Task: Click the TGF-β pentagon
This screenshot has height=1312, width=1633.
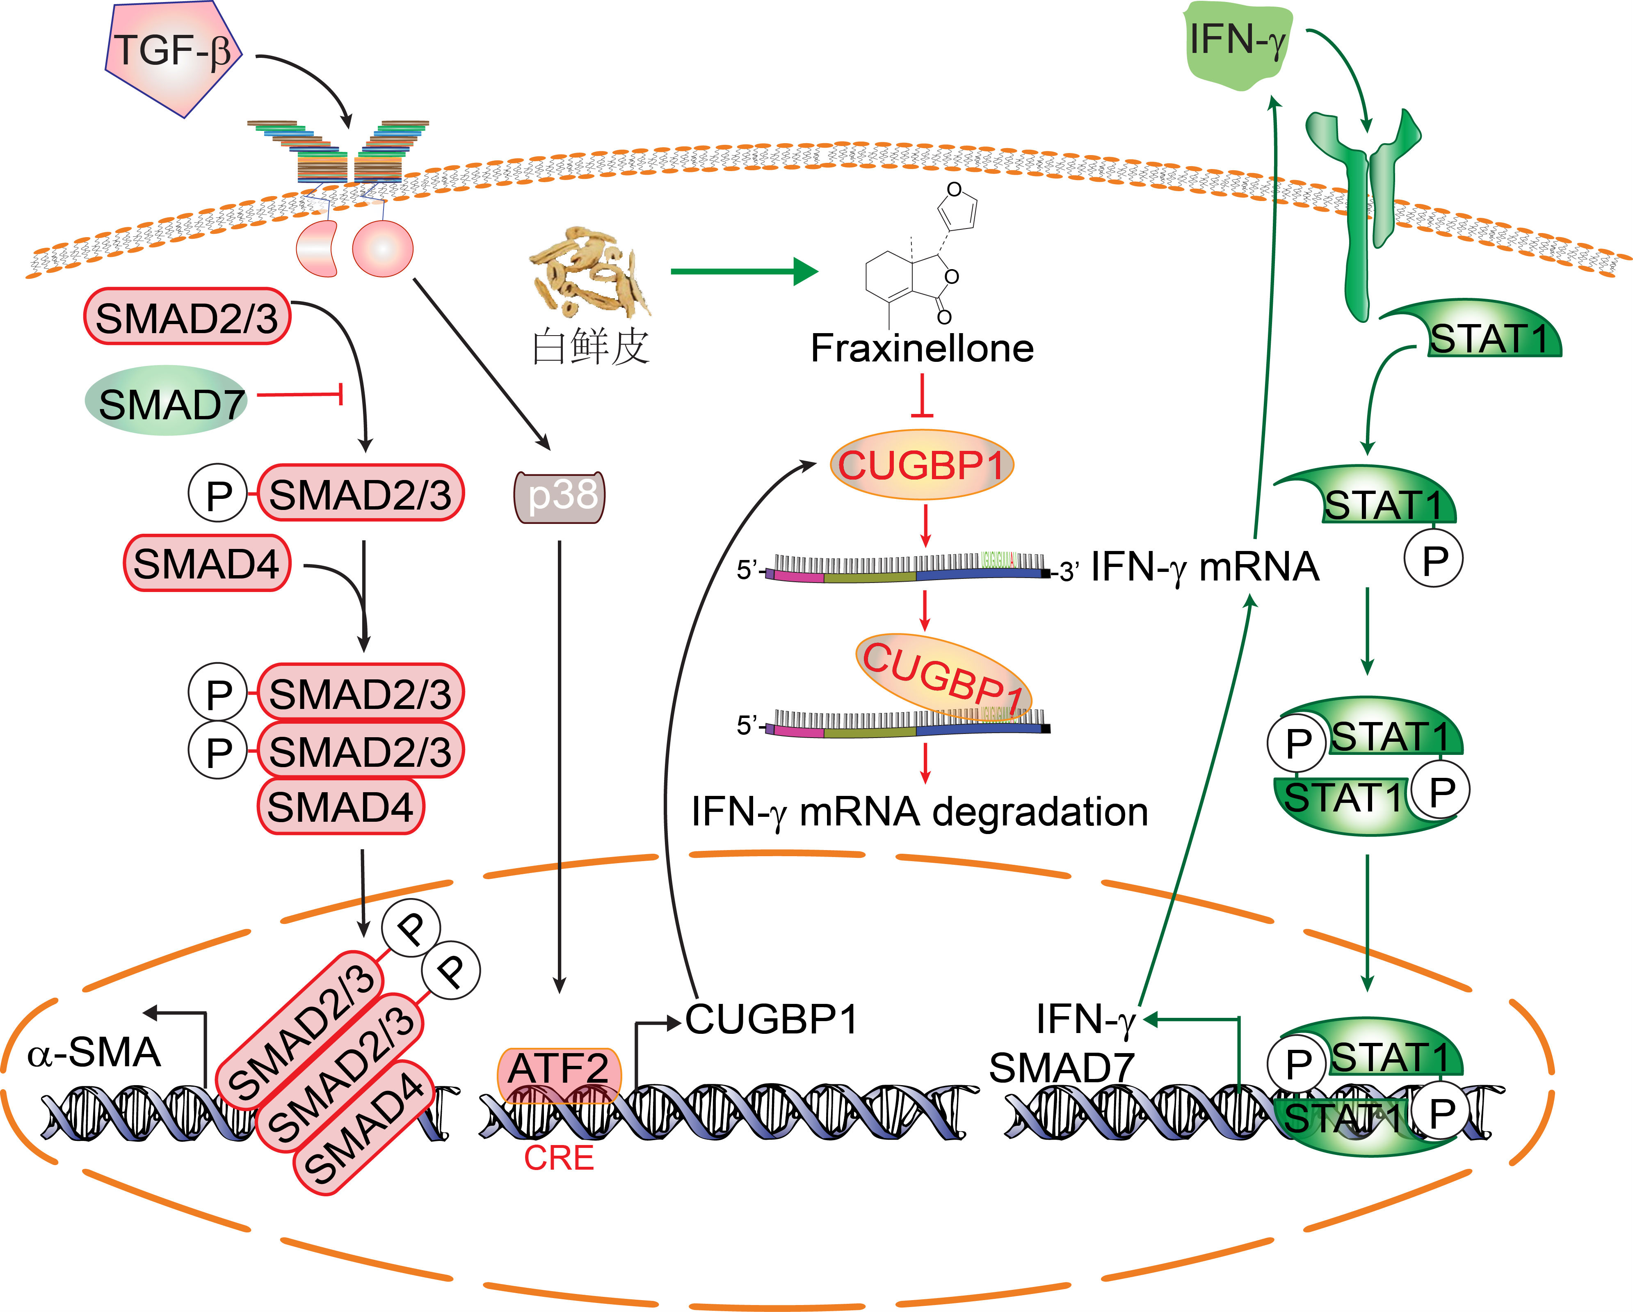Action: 173,55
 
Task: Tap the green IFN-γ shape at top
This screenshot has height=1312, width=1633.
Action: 1236,44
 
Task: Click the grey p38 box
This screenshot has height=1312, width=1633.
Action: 560,496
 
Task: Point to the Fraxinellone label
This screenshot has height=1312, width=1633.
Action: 922,348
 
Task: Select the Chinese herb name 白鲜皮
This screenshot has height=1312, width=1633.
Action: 591,347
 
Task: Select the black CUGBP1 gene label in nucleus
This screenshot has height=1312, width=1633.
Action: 771,1019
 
